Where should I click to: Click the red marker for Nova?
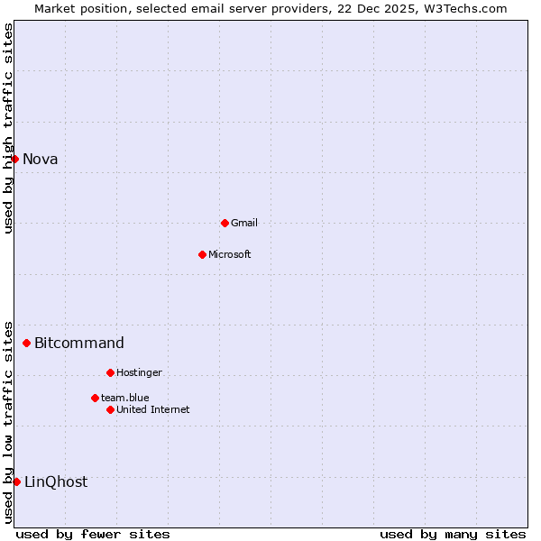(15, 159)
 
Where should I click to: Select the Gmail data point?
(225, 223)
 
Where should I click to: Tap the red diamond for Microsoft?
(202, 254)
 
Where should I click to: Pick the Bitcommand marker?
(27, 343)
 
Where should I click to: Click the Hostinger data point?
(110, 372)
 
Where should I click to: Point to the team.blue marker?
(95, 398)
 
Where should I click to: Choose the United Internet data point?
(110, 409)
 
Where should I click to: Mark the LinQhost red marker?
(16, 481)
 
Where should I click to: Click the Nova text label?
(41, 160)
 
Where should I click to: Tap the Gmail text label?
(244, 223)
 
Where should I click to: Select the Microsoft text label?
(230, 254)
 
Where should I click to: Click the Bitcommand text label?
(79, 343)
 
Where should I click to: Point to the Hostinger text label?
(139, 372)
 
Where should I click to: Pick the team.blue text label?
(125, 398)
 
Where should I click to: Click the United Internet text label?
(153, 409)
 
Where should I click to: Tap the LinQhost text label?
(56, 481)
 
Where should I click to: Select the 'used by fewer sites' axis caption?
(93, 534)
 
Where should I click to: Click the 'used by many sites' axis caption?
(453, 534)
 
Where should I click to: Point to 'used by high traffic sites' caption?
(8, 128)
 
